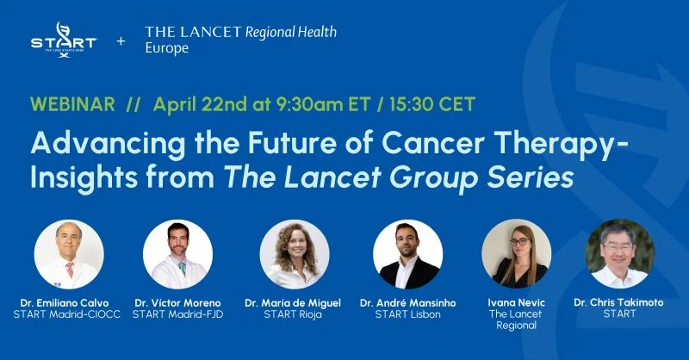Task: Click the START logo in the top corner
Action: (62, 40)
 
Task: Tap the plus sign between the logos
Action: (121, 40)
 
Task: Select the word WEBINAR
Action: (72, 104)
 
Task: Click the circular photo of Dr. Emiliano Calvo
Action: (69, 254)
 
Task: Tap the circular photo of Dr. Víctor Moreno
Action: (177, 254)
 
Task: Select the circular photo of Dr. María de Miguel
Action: (294, 254)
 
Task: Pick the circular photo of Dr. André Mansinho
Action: (407, 254)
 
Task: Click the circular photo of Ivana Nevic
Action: (516, 254)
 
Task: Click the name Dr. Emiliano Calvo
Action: (69, 302)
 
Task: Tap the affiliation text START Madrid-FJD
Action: (178, 314)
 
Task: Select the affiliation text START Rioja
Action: (293, 314)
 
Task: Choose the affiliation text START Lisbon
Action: (407, 314)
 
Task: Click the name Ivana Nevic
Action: (517, 302)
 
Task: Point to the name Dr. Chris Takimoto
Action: (620, 302)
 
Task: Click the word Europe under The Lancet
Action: (166, 49)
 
